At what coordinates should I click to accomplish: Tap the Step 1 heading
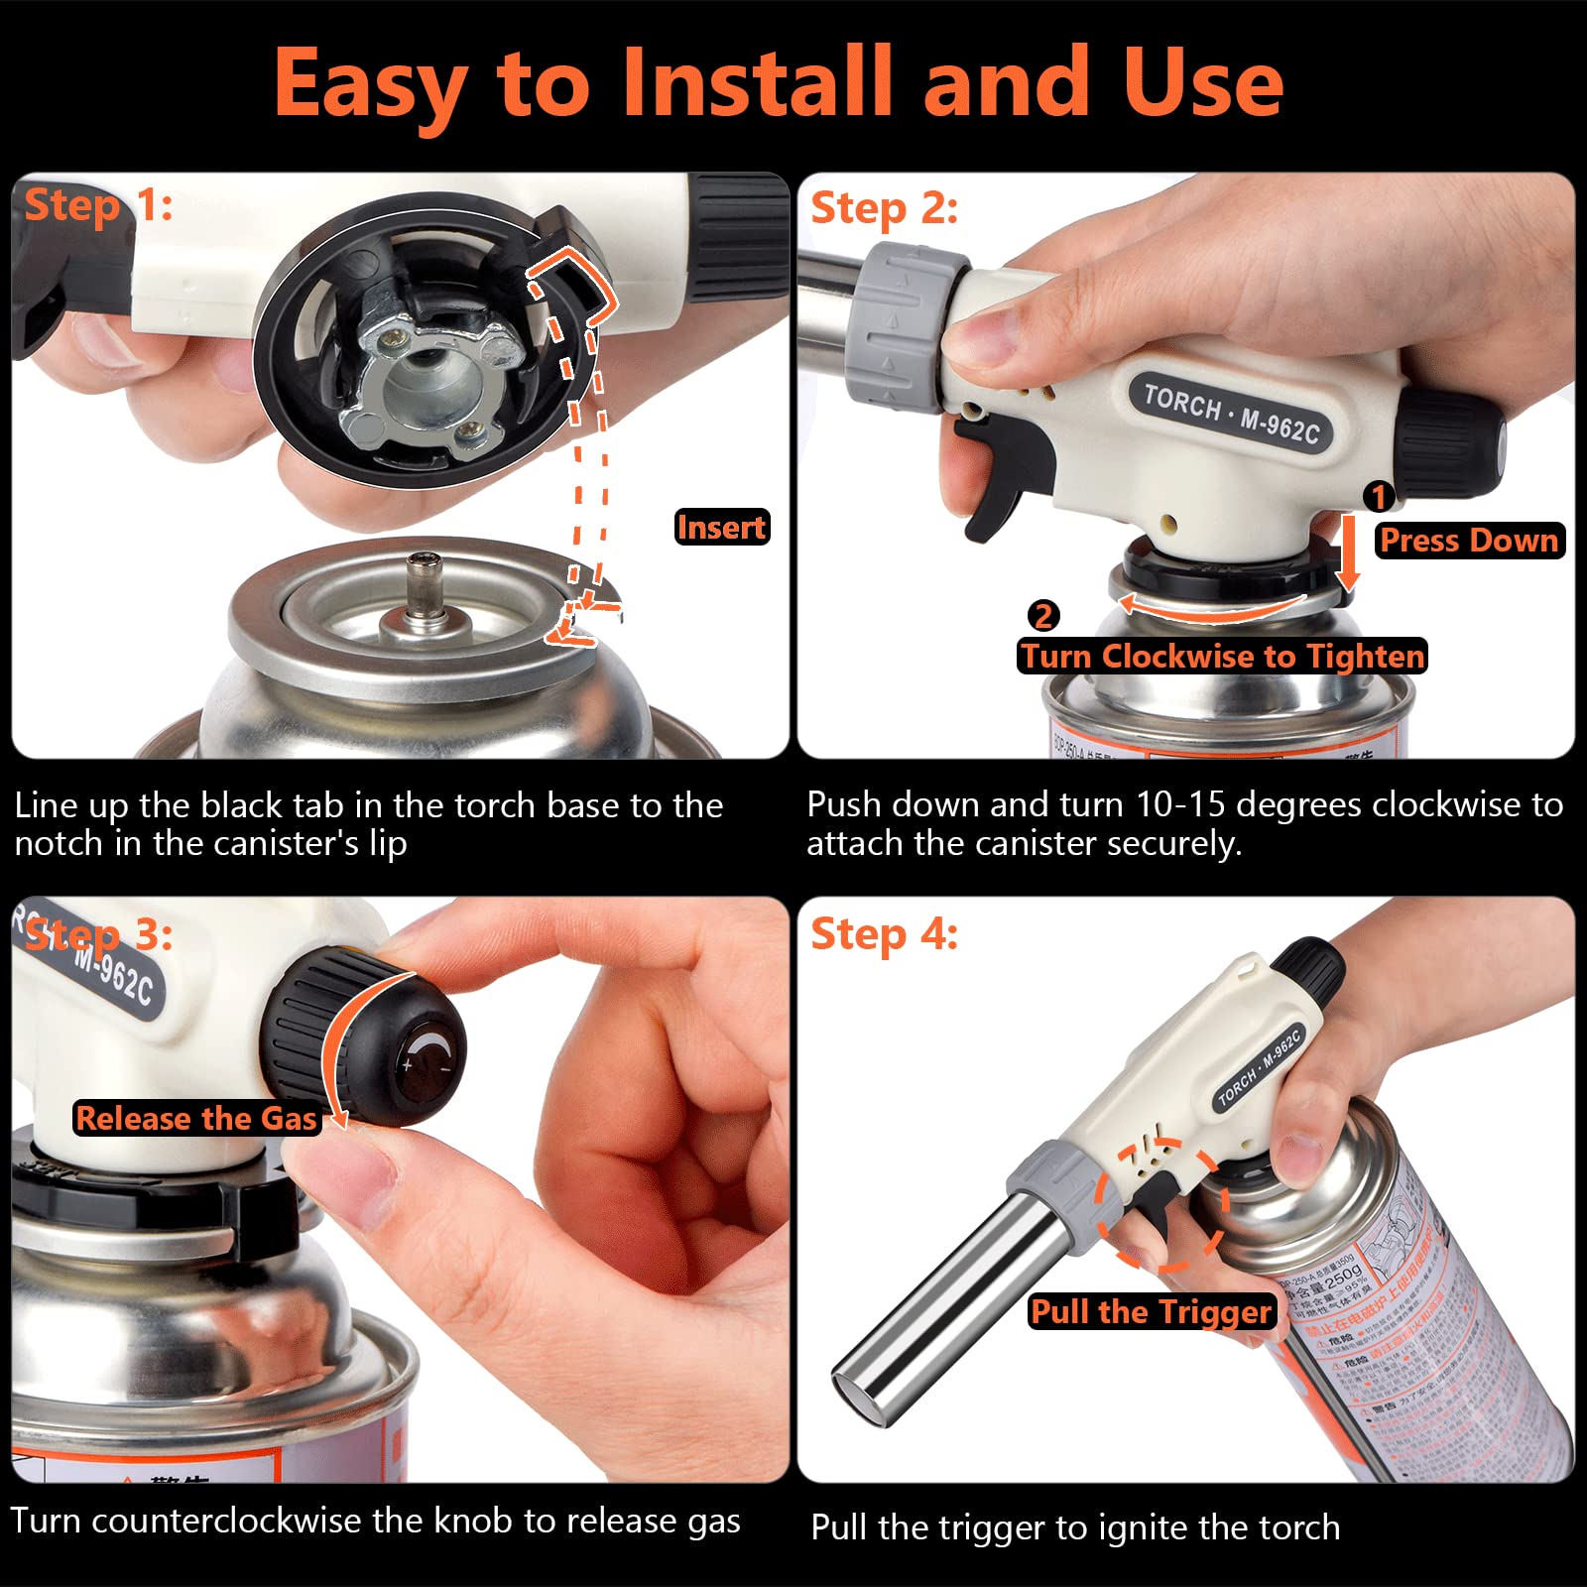[x=98, y=206]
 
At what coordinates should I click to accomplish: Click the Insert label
[x=721, y=527]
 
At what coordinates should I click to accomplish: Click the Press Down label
[x=1469, y=541]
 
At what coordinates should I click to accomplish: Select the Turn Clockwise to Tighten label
[x=1222, y=656]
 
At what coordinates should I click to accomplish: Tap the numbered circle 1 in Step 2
[x=1379, y=496]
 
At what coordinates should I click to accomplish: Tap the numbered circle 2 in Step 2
[x=1042, y=616]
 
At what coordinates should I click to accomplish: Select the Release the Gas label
[x=196, y=1119]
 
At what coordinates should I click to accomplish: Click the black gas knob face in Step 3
[x=428, y=1060]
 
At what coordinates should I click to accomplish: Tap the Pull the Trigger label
[x=1151, y=1311]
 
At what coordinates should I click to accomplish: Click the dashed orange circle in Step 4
[x=1161, y=1204]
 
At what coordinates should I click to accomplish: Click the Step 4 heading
[x=884, y=934]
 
